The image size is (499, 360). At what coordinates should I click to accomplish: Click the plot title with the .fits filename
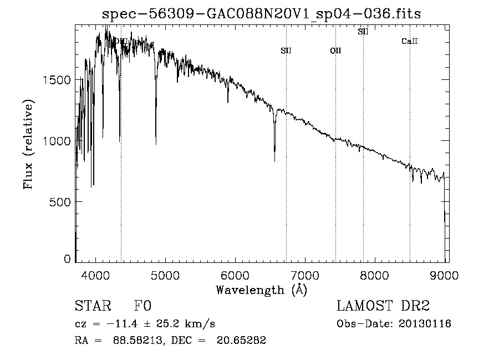coord(262,14)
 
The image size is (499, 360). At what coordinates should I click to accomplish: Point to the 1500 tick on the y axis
coord(57,80)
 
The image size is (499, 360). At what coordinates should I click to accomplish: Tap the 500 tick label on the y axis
coord(60,201)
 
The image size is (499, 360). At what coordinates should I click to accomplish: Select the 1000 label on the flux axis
coord(57,141)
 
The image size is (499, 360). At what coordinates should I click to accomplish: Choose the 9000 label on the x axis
coord(444,275)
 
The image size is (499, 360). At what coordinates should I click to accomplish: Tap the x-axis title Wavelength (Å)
coord(261,290)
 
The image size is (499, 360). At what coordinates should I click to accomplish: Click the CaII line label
coord(409,41)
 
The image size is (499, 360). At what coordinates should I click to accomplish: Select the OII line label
coord(335,51)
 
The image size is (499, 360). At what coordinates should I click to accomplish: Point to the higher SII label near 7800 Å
coord(363,32)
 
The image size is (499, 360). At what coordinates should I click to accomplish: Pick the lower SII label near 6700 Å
coord(286,51)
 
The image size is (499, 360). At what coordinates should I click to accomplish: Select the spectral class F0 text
coord(142,307)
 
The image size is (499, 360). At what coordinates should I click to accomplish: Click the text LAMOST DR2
coord(383,306)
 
